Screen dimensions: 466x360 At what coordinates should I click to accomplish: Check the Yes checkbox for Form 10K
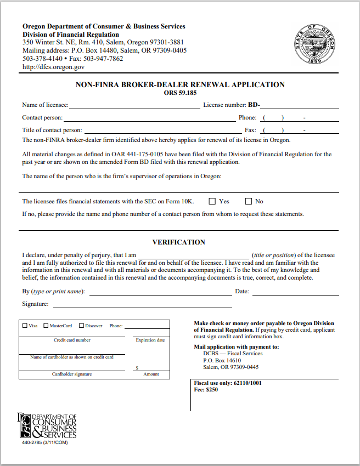pyautogui.click(x=212, y=201)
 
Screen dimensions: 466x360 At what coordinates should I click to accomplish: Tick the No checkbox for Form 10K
pyautogui.click(x=248, y=201)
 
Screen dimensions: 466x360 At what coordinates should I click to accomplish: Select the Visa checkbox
pyautogui.click(x=25, y=326)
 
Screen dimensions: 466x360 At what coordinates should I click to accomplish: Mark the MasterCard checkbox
pyautogui.click(x=46, y=326)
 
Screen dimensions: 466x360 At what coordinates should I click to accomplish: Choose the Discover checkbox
pyautogui.click(x=81, y=326)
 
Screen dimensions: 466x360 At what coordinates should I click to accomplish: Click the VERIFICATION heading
pyautogui.click(x=178, y=242)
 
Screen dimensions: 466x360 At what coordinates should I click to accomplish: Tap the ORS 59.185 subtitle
pyautogui.click(x=180, y=93)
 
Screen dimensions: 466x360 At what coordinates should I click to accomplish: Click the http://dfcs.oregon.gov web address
pyautogui.click(x=53, y=67)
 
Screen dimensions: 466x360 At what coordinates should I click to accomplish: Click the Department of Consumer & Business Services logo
pyautogui.click(x=47, y=425)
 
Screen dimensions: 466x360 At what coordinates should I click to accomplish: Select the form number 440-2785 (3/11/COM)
pyautogui.click(x=44, y=442)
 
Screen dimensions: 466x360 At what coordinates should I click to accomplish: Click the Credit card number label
pyautogui.click(x=72, y=340)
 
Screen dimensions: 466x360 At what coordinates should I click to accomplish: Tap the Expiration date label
pyautogui.click(x=150, y=340)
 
